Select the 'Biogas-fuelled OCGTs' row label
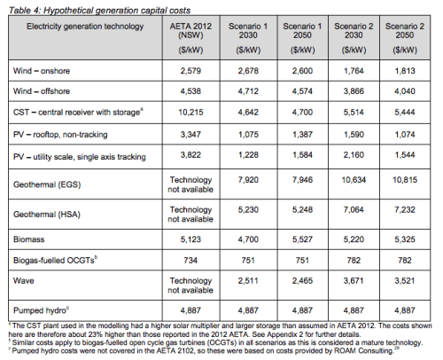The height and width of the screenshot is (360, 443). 57,262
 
